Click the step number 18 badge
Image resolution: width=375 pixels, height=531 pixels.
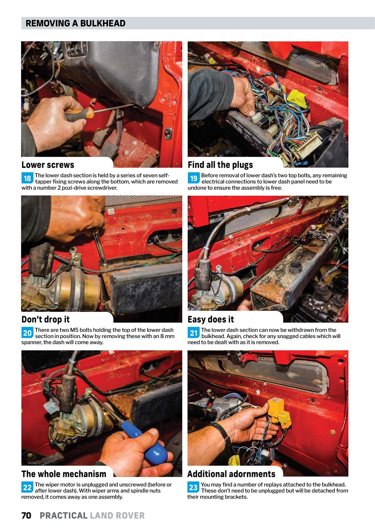pos(27,179)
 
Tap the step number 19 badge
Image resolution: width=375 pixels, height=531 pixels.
pos(194,179)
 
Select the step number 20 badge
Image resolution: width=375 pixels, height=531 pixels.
pos(27,333)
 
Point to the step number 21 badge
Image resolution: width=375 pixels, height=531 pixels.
pos(194,333)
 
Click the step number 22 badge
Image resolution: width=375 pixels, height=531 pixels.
pos(27,487)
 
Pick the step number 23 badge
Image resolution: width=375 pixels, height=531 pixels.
pos(194,487)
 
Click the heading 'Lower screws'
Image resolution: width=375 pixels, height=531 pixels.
pos(48,165)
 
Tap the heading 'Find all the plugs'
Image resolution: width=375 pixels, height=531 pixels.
pos(220,165)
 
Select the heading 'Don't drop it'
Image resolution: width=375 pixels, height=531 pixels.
pos(46,319)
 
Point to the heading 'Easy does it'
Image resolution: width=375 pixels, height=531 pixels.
pos(210,319)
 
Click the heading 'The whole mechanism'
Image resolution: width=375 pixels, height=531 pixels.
pos(64,474)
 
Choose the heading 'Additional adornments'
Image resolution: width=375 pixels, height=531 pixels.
pos(231,474)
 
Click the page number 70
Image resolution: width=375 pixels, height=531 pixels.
pos(26,516)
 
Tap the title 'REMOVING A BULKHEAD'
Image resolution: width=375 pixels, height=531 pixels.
pos(75,23)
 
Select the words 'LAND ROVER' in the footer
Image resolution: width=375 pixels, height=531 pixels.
pos(117,516)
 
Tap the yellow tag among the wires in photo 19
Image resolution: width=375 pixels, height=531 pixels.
pos(298,98)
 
